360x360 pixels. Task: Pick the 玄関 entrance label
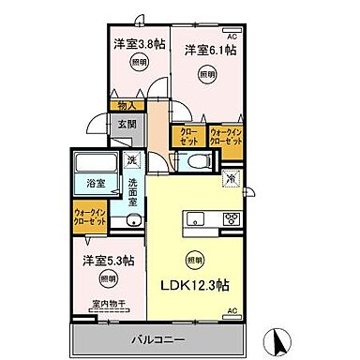tap(127, 123)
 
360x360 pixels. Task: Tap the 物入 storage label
tap(127, 105)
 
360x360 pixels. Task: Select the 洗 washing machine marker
tap(133, 158)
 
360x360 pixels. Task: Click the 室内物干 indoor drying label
tap(108, 302)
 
